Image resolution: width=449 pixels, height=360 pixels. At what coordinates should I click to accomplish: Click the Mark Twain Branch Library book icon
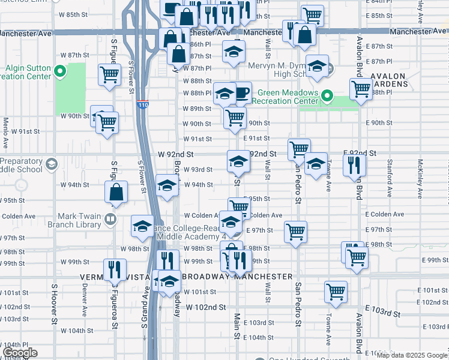click(x=109, y=220)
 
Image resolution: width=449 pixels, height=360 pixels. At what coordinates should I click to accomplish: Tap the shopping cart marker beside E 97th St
click(x=295, y=231)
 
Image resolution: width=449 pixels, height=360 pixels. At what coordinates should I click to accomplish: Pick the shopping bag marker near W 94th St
click(x=116, y=192)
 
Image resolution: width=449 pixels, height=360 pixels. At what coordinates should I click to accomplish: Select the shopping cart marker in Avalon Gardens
click(x=360, y=88)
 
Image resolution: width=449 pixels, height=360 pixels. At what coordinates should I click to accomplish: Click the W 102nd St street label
click(x=205, y=307)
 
